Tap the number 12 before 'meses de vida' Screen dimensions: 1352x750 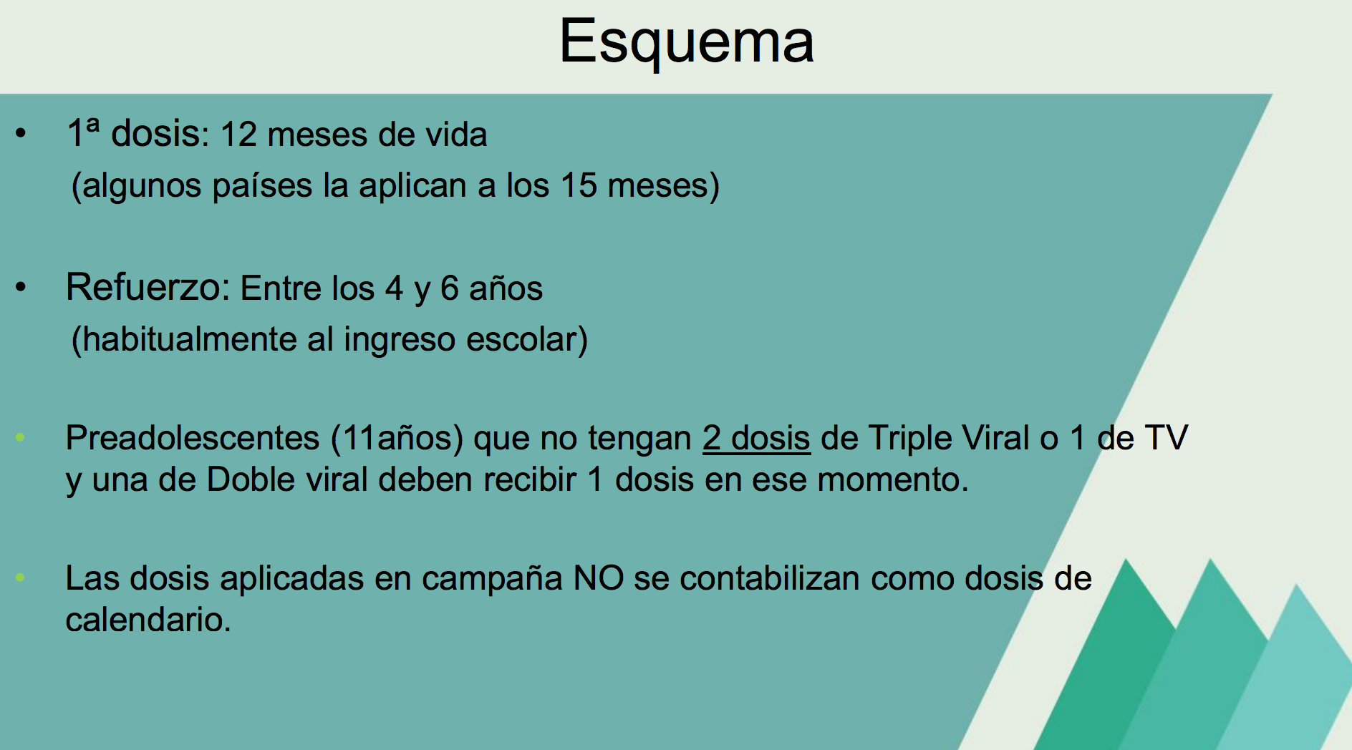pos(238,135)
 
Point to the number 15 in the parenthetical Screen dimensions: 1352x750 pos(579,185)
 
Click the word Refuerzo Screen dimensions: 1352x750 pos(148,288)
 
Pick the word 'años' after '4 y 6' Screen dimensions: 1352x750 pos(506,288)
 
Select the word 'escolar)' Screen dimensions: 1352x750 pos(527,339)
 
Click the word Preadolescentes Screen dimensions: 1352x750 pos(193,438)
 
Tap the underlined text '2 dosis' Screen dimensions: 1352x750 pos(756,438)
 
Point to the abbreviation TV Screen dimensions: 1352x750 pos(1167,438)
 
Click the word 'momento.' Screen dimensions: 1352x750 pos(893,480)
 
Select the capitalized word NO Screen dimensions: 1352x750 pos(599,578)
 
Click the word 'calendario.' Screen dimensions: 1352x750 pos(148,620)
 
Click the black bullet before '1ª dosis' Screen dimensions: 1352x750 pos(20,134)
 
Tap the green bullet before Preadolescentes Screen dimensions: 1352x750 pos(20,437)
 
